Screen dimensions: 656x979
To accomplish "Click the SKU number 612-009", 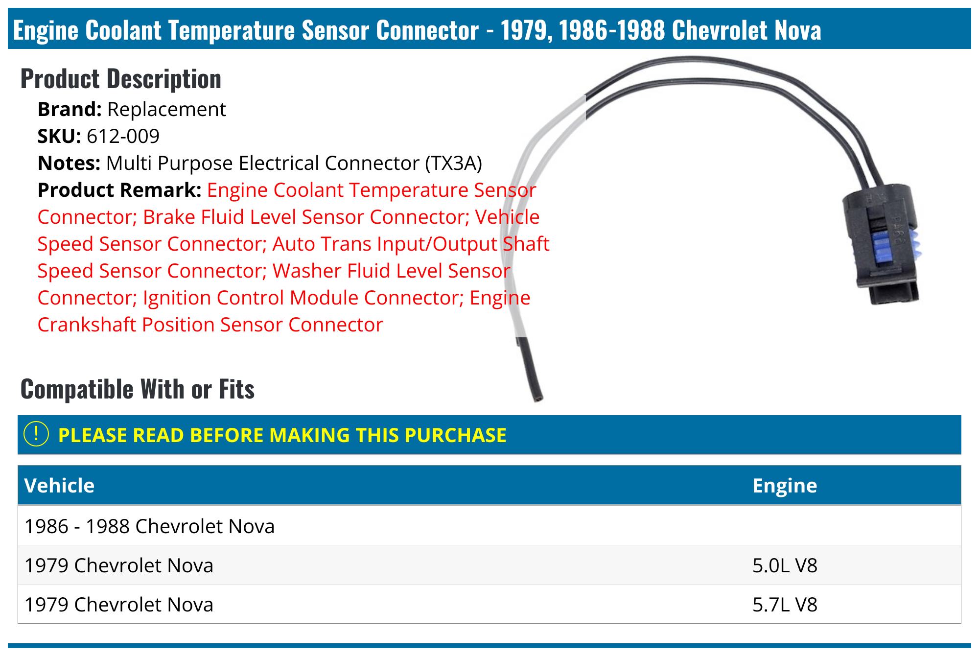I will pos(123,136).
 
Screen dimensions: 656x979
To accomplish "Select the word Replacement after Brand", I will pos(166,109).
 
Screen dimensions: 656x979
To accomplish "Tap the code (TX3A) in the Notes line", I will pos(453,163).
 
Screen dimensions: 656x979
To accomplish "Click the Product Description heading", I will pos(121,79).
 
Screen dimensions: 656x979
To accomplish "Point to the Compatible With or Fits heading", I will pos(138,389).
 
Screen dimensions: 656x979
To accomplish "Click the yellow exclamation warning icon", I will pos(36,434).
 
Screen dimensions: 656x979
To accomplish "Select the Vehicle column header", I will pos(59,485).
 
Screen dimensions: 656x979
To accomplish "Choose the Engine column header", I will pos(785,485).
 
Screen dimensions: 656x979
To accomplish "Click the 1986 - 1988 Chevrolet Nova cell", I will pos(149,526).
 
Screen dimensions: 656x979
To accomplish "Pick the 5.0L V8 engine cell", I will pos(785,565).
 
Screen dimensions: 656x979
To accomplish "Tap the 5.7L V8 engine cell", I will pos(785,605).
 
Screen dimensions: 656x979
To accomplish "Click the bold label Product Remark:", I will pos(119,190).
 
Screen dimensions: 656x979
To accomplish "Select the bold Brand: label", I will pos(70,109).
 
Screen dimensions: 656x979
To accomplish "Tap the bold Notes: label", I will pos(69,163).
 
